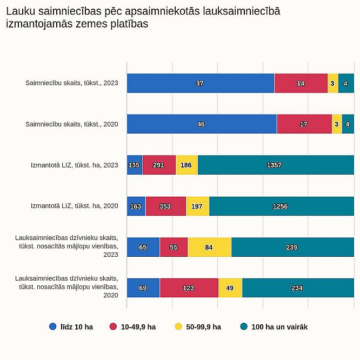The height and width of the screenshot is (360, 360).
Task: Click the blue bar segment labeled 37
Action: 201,83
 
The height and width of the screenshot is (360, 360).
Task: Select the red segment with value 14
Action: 301,83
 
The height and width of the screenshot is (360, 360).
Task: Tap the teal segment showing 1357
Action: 276,165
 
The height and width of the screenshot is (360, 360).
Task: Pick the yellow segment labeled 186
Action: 186,165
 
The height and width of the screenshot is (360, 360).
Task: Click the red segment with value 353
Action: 166,206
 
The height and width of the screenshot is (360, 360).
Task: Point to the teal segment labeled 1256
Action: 282,206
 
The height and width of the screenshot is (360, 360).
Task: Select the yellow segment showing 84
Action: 209,247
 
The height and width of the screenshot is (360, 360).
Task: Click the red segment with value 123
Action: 189,288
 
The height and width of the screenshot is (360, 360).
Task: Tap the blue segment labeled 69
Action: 143,288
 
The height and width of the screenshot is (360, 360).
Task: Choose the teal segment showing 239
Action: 292,247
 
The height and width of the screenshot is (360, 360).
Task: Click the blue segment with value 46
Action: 202,124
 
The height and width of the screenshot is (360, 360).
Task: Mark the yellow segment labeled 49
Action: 230,288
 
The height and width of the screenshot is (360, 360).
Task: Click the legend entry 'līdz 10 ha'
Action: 71,326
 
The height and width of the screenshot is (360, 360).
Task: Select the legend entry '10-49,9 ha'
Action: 133,326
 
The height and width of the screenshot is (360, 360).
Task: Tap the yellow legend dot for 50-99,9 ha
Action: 178,326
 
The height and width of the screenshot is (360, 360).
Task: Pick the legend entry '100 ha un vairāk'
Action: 274,326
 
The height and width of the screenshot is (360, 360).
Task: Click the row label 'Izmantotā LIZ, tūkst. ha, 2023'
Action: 75,165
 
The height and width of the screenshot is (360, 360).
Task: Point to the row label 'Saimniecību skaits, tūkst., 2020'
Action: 72,124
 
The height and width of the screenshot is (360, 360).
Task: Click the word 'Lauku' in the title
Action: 21,11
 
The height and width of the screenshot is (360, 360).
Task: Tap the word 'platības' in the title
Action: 129,24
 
